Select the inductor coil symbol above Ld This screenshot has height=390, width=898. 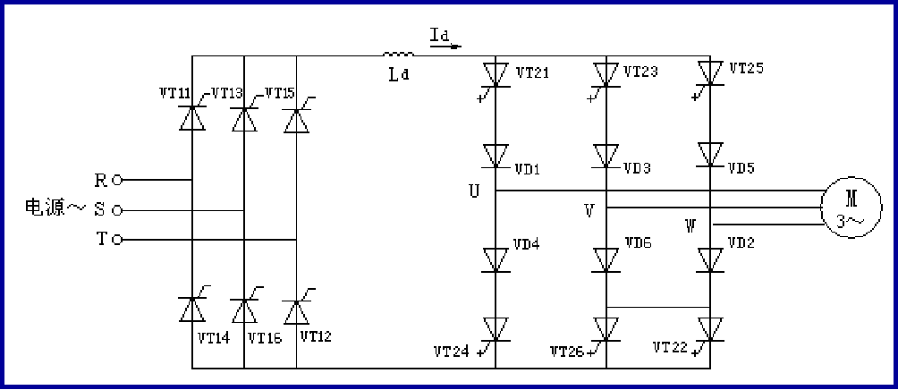[x=399, y=55]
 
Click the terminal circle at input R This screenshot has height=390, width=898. [x=116, y=180]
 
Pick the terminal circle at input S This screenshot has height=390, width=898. [x=116, y=210]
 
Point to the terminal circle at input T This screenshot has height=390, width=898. [x=116, y=240]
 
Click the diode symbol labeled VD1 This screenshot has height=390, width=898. [x=496, y=156]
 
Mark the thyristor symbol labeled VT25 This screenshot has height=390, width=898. [x=710, y=72]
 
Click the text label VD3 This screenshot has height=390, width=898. [x=638, y=168]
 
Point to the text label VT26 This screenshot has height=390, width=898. [x=567, y=350]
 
